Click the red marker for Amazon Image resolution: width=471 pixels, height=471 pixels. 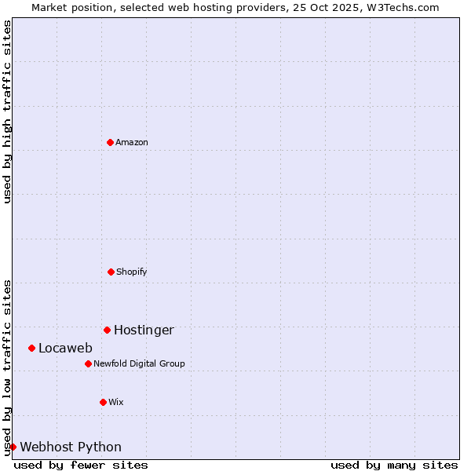click(x=110, y=142)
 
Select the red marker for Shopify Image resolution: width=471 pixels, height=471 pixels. click(x=111, y=272)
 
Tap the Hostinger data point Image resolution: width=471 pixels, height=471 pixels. click(x=107, y=330)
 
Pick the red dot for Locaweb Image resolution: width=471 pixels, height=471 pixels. click(x=31, y=348)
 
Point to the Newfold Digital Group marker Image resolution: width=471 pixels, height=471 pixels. click(x=88, y=363)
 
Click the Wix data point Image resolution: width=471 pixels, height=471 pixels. click(x=103, y=402)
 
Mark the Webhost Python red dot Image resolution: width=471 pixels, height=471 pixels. click(x=13, y=447)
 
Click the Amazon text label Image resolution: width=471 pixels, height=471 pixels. click(x=132, y=142)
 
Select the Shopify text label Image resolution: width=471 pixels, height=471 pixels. click(x=132, y=272)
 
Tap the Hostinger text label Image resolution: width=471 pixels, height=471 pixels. click(x=144, y=330)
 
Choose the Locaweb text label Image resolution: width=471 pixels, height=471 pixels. click(x=65, y=348)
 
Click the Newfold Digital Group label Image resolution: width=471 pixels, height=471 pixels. click(x=139, y=363)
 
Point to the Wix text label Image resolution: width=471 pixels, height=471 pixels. click(x=116, y=402)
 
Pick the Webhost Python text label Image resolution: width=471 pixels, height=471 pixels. click(x=71, y=447)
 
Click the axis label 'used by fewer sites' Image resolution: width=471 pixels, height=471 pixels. click(x=81, y=465)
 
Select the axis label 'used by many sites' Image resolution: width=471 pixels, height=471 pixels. click(x=394, y=465)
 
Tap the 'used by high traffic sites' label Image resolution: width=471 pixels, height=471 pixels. click(x=7, y=111)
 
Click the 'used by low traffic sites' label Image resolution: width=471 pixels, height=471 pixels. click(x=7, y=367)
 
